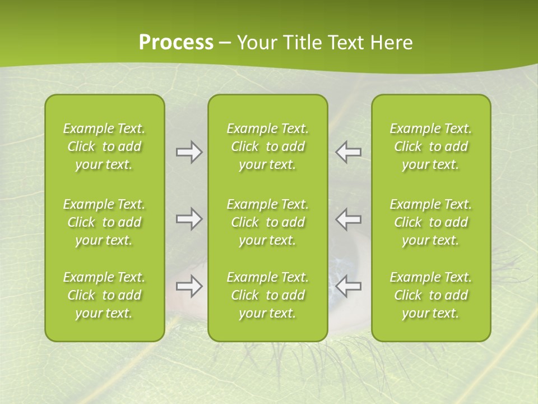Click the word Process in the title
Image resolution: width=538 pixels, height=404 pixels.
click(176, 43)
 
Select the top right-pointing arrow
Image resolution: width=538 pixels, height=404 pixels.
click(189, 152)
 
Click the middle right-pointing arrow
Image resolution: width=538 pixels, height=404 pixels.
click(189, 219)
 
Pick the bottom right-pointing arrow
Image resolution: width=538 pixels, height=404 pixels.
click(189, 286)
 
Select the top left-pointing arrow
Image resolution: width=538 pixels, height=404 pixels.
click(349, 152)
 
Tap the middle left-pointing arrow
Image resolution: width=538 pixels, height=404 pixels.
click(349, 219)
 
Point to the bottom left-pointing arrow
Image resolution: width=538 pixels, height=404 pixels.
click(349, 286)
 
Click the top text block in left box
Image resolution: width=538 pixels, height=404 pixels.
click(104, 146)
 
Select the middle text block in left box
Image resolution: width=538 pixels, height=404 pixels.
click(104, 222)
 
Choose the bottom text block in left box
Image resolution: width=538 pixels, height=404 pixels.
click(104, 295)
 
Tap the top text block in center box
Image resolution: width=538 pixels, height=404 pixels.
click(267, 146)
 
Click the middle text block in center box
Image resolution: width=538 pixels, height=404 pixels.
click(267, 222)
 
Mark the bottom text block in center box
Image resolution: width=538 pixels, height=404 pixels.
click(267, 295)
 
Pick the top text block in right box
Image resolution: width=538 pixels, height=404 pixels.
click(431, 146)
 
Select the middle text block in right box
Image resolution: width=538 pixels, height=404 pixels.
click(431, 222)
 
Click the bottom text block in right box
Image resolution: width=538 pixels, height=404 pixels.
click(431, 295)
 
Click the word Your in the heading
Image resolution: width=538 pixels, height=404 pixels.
click(257, 43)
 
